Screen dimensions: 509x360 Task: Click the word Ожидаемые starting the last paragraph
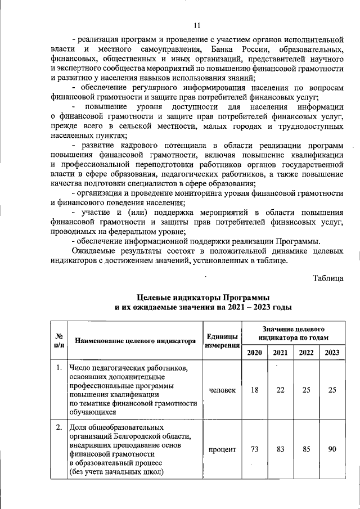click(x=95, y=251)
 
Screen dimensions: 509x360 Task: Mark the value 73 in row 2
click(x=254, y=449)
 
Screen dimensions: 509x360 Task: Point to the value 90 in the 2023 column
click(x=332, y=449)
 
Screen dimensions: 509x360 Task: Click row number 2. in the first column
click(x=58, y=427)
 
